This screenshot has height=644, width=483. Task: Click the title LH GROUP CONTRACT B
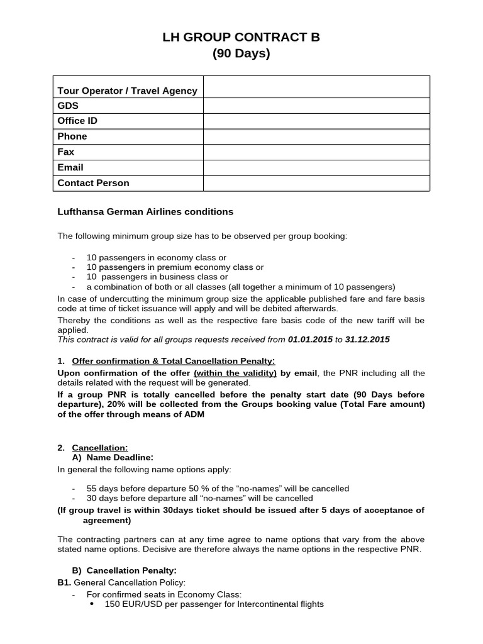tap(241, 37)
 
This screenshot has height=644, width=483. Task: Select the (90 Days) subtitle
tap(241, 53)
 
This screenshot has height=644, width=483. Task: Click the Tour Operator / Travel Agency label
tap(127, 91)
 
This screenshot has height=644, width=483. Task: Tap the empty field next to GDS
tap(316, 106)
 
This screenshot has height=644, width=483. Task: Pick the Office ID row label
tap(77, 121)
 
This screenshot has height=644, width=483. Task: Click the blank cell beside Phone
tap(316, 136)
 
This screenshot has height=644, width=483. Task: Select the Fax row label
tap(66, 152)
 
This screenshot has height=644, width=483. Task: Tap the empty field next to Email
tap(316, 167)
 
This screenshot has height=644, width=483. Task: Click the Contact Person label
tap(93, 183)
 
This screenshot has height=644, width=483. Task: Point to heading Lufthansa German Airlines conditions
tap(145, 212)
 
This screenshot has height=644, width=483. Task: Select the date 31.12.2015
tap(367, 340)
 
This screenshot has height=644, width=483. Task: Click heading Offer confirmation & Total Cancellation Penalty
tap(174, 361)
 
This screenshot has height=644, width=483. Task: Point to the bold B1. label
tap(64, 583)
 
